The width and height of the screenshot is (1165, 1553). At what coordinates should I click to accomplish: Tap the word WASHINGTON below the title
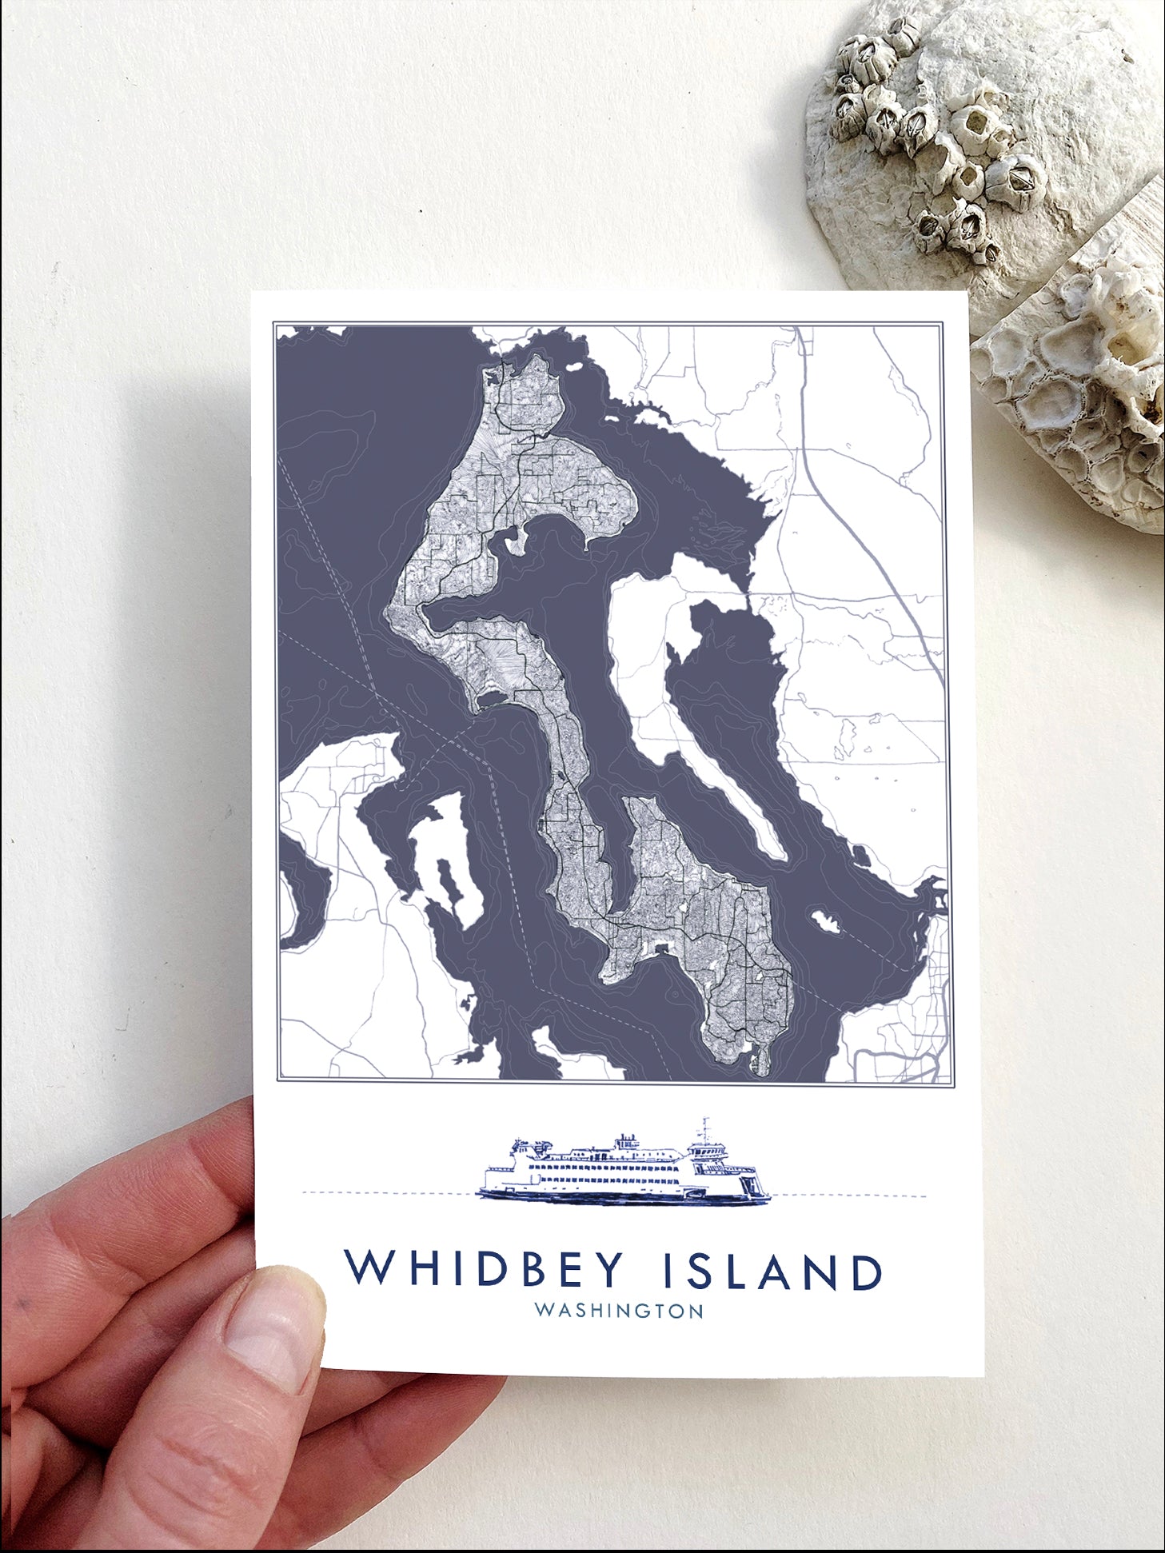pyautogui.click(x=619, y=1311)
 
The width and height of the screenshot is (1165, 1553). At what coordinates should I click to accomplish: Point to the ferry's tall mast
pyautogui.click(x=705, y=1130)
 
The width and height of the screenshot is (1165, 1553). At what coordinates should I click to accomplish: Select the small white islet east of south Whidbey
pyautogui.click(x=824, y=921)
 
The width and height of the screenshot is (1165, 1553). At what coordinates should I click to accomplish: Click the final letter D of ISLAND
pyautogui.click(x=866, y=1272)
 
